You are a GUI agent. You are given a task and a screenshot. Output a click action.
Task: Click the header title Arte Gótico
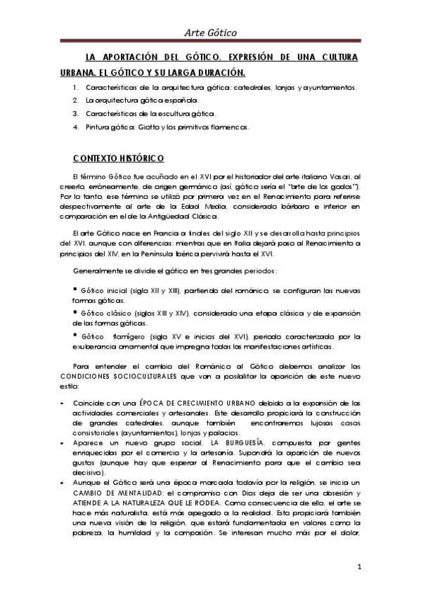pyautogui.click(x=210, y=32)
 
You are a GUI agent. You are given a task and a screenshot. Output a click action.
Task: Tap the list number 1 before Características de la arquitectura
pyautogui.click(x=75, y=88)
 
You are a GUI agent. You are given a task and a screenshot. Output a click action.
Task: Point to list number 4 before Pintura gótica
pyautogui.click(x=75, y=127)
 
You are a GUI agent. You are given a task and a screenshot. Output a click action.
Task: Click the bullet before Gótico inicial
pyautogui.click(x=75, y=288)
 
